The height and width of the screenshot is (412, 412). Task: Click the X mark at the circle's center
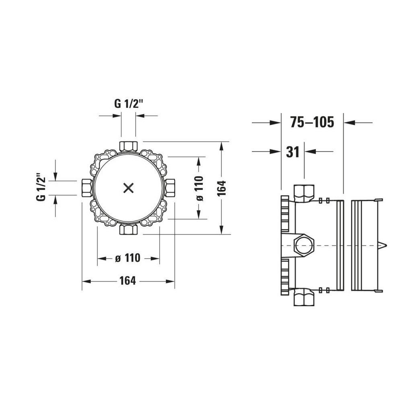point(129,188)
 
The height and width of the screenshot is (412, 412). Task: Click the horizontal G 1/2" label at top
point(129,104)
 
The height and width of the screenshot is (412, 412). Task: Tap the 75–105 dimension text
point(312,122)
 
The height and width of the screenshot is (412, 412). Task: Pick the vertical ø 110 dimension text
point(200,188)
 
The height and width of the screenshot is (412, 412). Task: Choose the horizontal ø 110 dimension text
point(128,258)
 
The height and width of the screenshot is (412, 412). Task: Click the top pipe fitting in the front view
point(129,146)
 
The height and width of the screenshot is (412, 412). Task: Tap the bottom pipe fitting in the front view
point(129,230)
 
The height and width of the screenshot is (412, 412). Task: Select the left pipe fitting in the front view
point(86,188)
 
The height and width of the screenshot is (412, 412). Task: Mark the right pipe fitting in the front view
point(170,188)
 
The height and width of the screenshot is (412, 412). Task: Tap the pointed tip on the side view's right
point(383,245)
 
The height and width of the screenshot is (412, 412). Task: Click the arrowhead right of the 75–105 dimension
point(350,122)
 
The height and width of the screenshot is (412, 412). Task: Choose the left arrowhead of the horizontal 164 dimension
point(87,281)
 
